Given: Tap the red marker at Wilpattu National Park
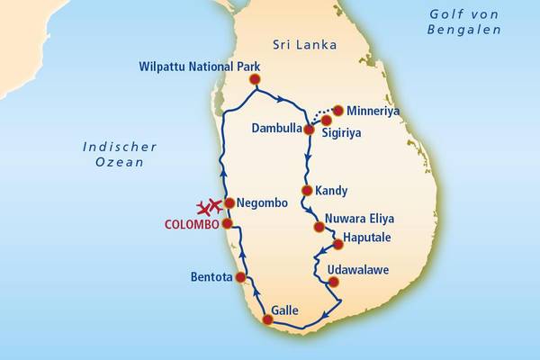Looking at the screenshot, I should coord(255,79).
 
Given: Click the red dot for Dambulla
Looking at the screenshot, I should coord(309,130).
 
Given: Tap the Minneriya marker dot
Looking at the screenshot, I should coord(338,111).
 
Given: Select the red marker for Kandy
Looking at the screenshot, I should coord(308,191).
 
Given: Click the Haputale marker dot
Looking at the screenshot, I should coord(338,244).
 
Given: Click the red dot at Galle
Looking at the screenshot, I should coord(267,319).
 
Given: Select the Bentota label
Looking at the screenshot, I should coord(211,277).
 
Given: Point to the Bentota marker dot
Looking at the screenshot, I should coord(240,278).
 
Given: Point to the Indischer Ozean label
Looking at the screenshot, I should coord(120,154).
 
